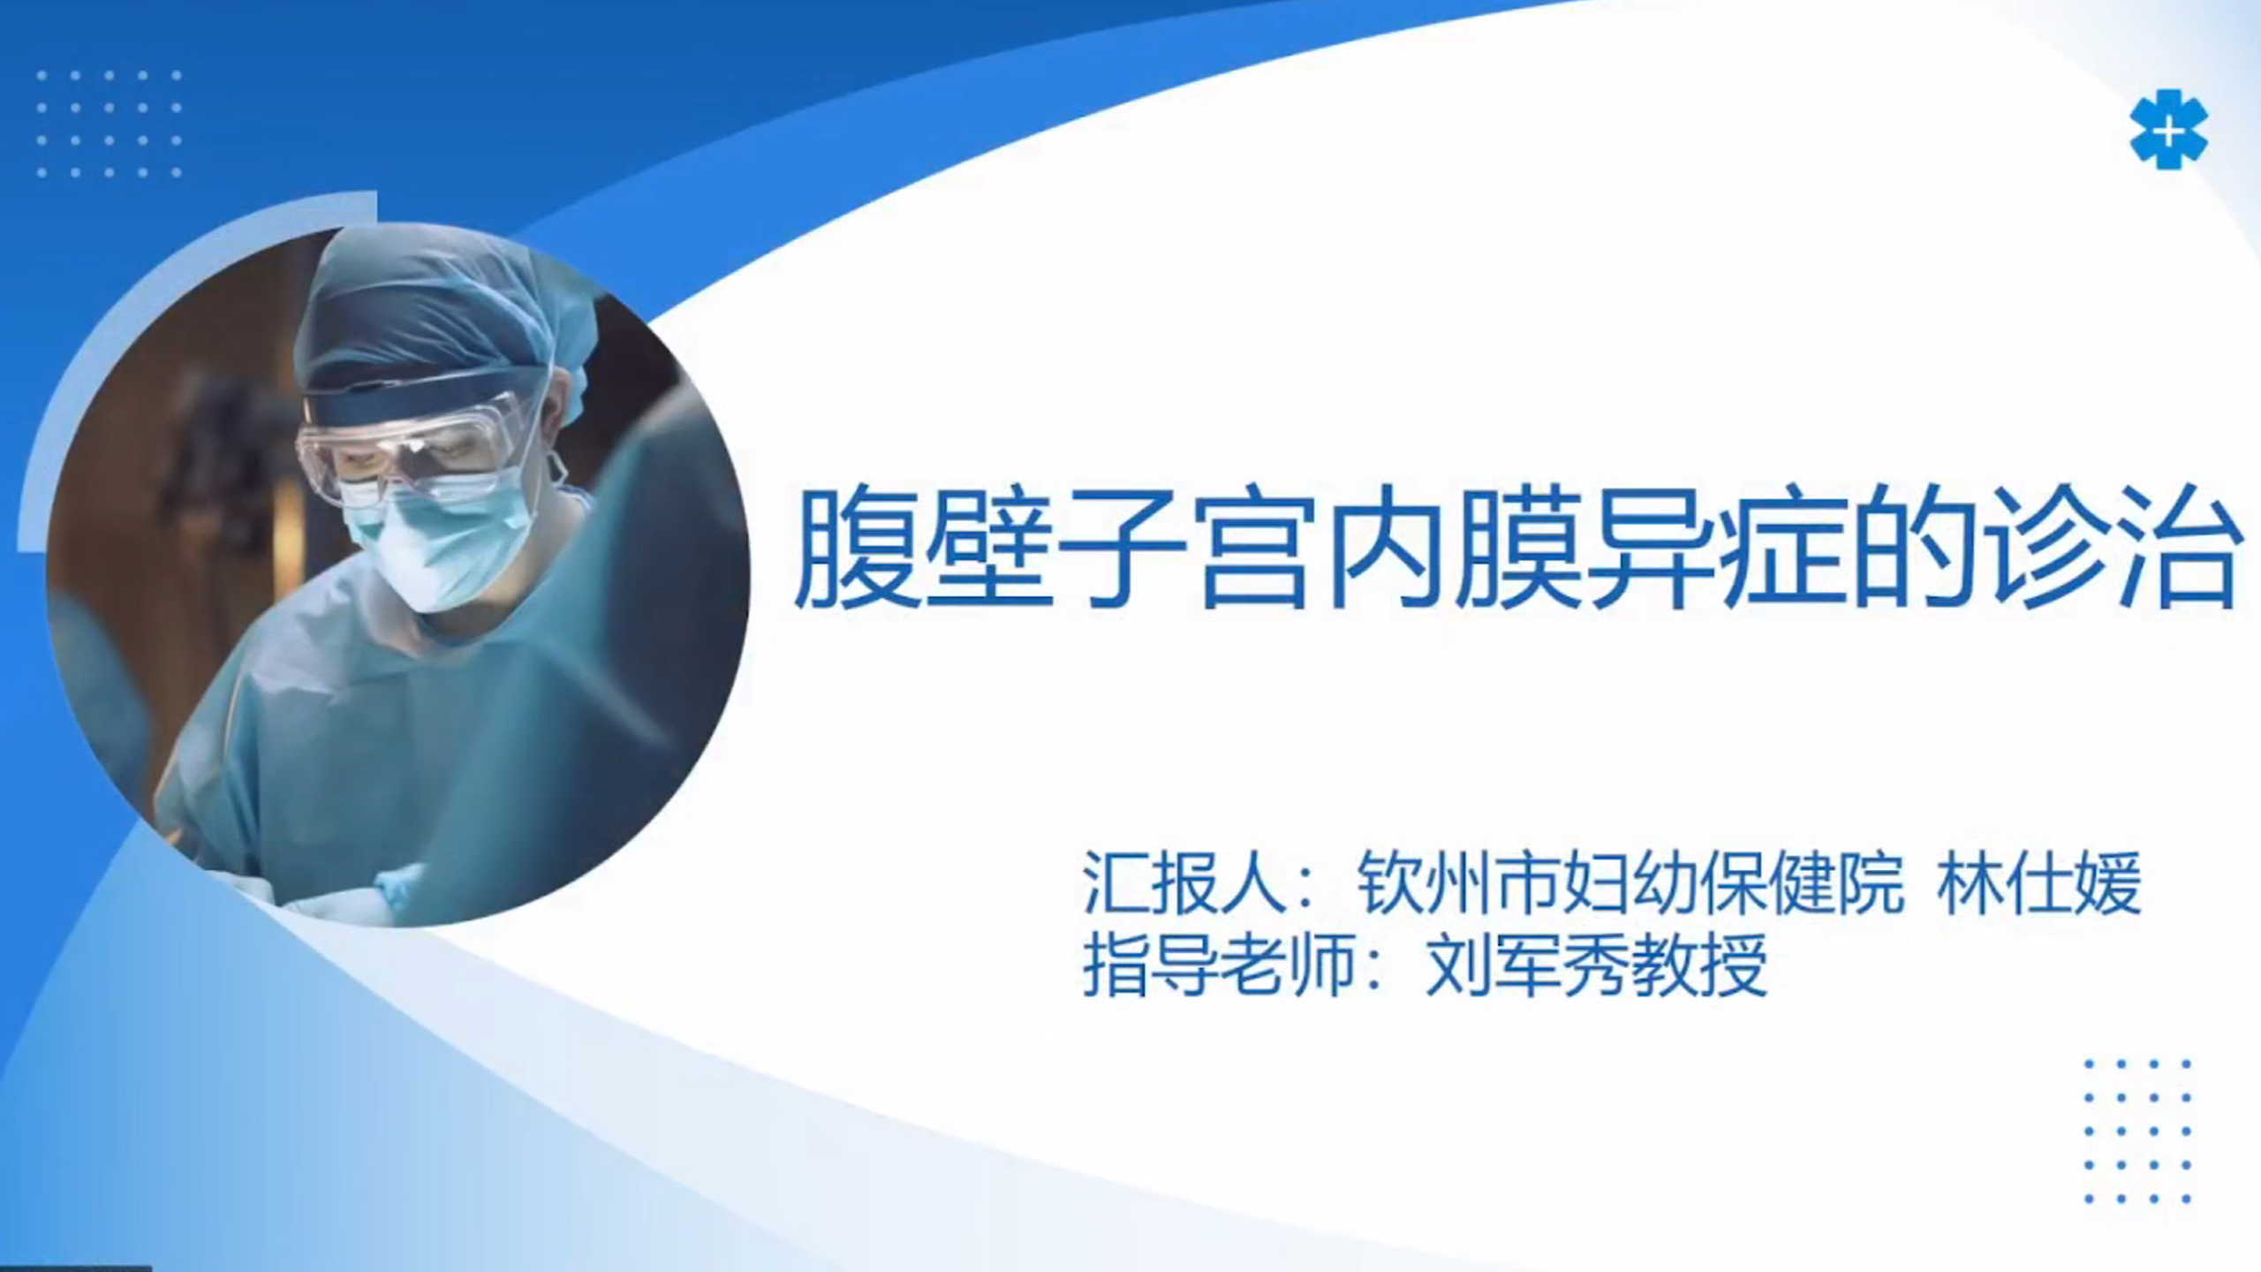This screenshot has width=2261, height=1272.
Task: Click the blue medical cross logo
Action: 2167,129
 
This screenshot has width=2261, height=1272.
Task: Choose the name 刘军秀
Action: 1527,965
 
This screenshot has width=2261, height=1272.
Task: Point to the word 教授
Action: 1699,965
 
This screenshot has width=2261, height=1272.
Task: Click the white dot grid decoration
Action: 110,124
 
